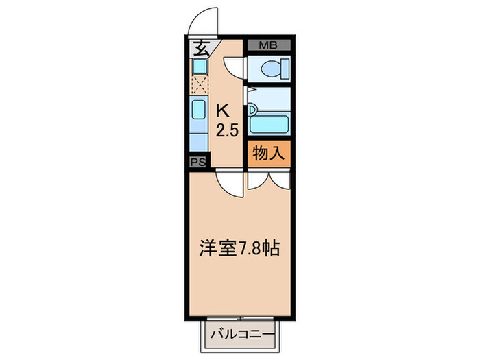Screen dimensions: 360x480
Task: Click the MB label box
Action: point(269,45)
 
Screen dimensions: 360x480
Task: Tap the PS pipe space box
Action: point(198,162)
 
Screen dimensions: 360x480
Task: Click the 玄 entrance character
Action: point(202,49)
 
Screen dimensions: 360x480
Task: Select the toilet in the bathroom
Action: point(274,69)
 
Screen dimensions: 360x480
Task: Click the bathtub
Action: point(269,124)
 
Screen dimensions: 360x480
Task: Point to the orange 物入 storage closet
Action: point(269,154)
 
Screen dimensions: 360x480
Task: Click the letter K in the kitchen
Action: point(223,108)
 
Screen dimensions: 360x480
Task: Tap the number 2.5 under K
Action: point(227,130)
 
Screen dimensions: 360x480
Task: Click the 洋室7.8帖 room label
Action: point(239,249)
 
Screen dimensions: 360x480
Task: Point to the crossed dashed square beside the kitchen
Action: point(199,85)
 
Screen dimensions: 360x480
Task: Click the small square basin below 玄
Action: point(199,67)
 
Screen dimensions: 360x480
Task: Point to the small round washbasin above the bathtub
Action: point(252,108)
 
